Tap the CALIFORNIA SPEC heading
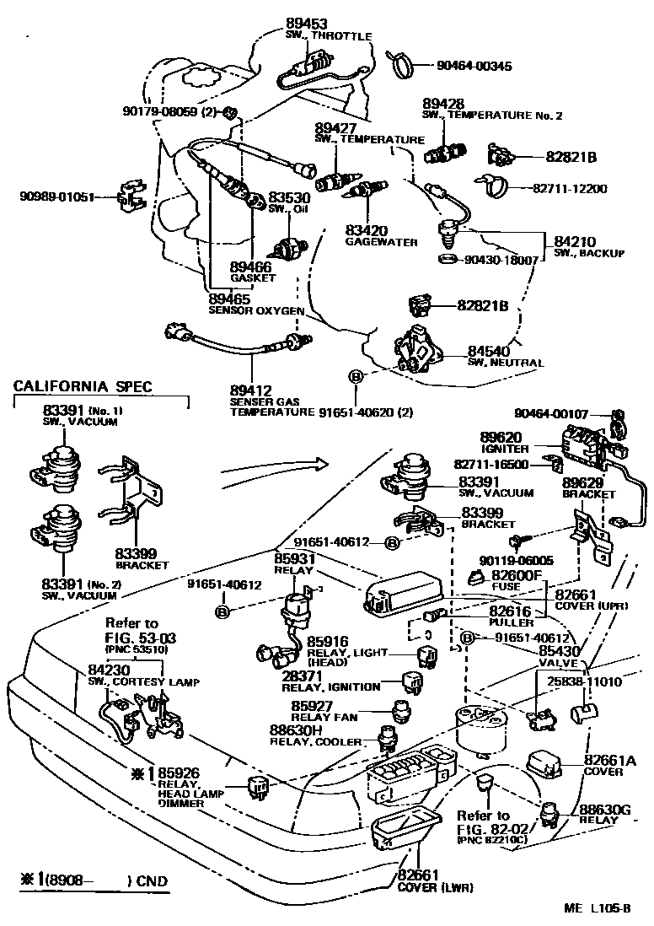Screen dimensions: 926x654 83,386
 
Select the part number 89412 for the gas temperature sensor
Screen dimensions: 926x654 250,390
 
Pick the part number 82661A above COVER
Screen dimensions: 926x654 609,760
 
